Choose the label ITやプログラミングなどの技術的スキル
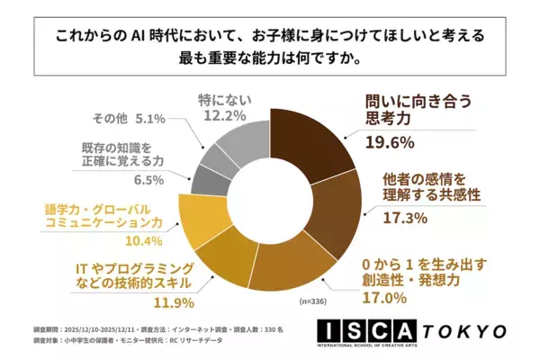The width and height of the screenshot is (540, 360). (146, 275)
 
